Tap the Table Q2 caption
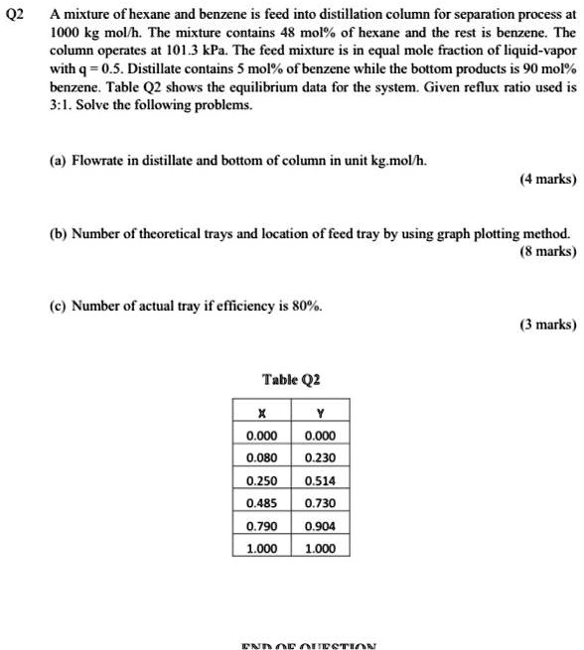[291, 379]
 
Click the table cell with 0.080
[261, 457]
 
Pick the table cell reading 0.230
[321, 457]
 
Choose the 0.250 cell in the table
[261, 480]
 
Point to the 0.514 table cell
[321, 480]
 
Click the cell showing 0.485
[261, 503]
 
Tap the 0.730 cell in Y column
[321, 503]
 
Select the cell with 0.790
[261, 526]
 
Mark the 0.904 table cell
[321, 526]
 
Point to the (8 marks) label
[547, 252]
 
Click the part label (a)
[58, 162]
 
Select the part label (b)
[58, 234]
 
